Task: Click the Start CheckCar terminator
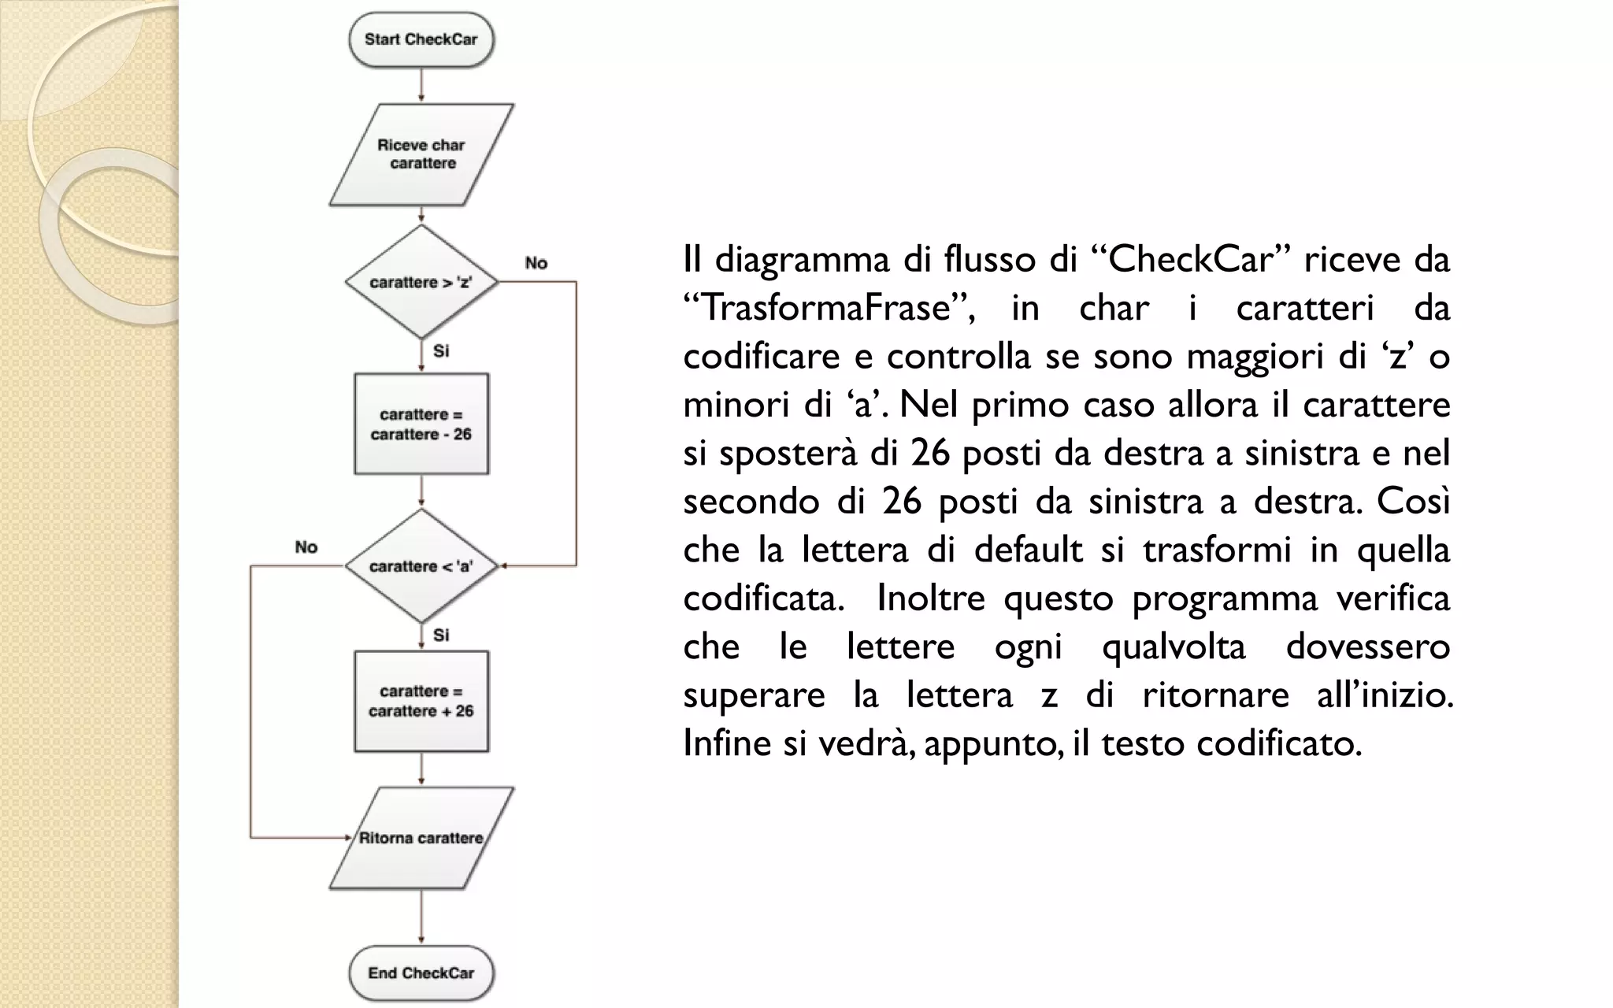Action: [421, 39]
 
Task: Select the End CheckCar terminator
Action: [421, 973]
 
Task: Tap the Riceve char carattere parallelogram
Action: [421, 154]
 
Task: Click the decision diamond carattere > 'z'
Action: [421, 282]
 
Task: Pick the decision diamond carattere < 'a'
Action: [421, 566]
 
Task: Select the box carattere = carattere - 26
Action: [421, 424]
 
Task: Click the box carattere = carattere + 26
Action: [421, 701]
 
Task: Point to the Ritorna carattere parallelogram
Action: [421, 838]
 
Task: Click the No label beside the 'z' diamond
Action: [536, 263]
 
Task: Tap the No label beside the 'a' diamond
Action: [306, 547]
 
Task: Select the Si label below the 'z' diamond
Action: [441, 351]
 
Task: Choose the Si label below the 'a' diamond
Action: [441, 635]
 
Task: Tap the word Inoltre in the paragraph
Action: [930, 598]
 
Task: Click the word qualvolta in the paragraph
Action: [1174, 647]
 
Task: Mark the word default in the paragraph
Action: [1028, 550]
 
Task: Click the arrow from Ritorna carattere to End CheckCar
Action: [421, 917]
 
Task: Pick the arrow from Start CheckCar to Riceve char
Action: [421, 85]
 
